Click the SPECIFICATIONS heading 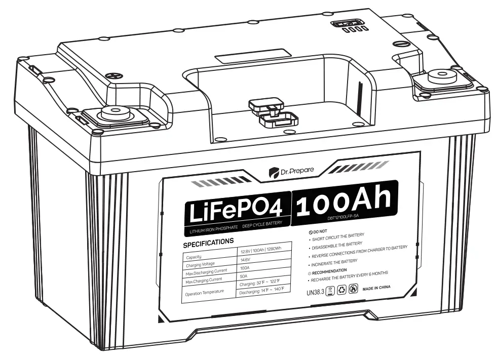point(208,242)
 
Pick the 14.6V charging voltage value point(246,259)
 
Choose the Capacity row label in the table point(195,257)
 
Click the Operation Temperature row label point(205,293)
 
